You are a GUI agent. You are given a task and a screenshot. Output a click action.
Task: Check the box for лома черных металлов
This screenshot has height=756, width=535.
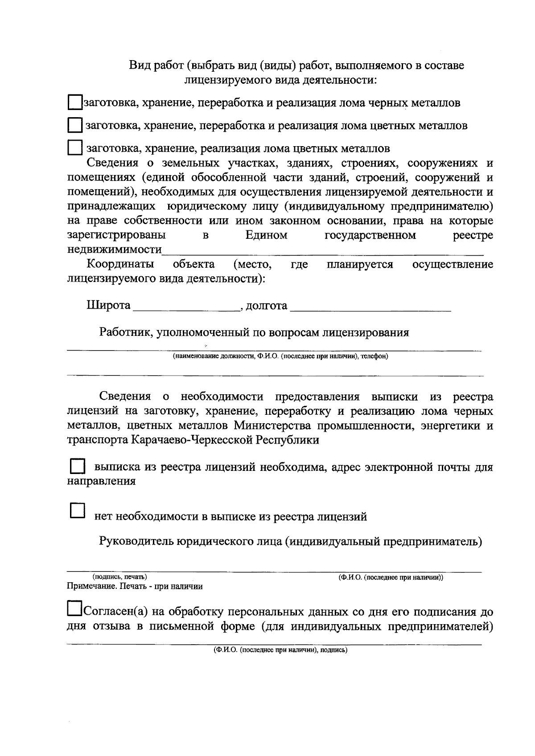[75, 102]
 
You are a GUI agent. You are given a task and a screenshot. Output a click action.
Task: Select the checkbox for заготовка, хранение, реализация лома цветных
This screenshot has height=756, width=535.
[75, 147]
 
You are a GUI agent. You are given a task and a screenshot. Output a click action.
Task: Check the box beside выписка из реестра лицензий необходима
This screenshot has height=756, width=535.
[78, 466]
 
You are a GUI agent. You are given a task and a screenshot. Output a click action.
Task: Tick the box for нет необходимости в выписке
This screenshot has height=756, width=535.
[78, 511]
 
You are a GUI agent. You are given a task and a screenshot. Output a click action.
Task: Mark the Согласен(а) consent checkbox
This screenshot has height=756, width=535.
[74, 609]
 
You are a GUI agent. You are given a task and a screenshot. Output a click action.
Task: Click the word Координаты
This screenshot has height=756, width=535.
[120, 264]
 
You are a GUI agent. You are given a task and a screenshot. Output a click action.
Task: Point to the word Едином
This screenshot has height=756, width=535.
[266, 235]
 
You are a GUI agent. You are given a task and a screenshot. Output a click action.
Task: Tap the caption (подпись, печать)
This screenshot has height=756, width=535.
[119, 577]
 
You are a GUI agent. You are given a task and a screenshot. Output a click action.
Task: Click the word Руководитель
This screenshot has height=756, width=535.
[136, 541]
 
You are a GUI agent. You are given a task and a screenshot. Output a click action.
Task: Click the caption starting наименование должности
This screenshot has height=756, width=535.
[280, 356]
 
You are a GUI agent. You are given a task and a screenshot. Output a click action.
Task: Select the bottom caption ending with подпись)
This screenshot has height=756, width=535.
[280, 650]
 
